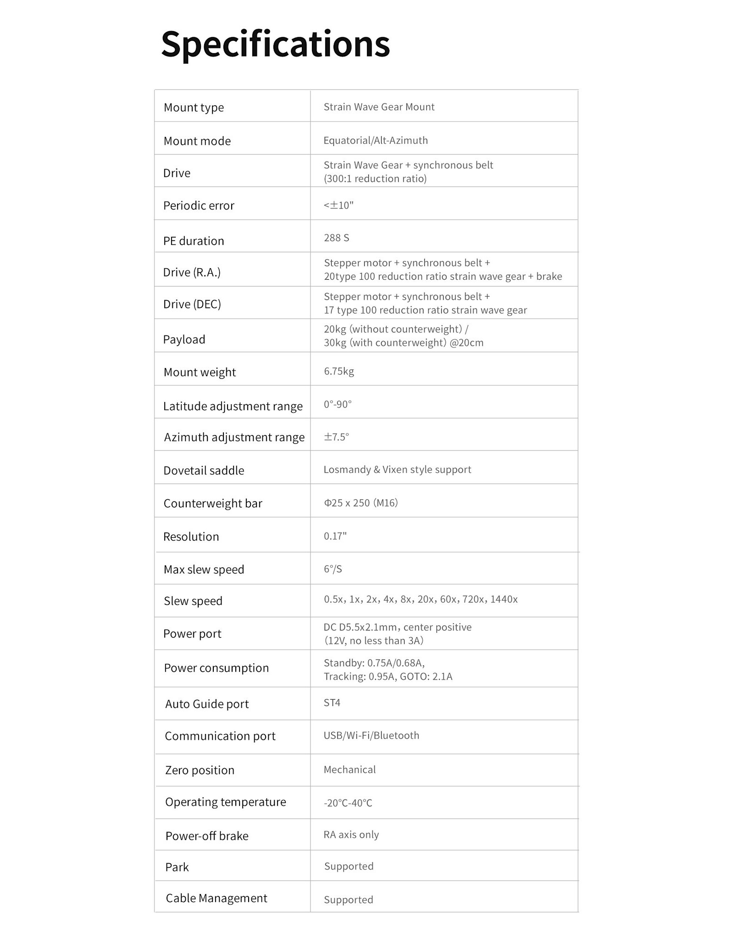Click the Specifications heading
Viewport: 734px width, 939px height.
point(275,44)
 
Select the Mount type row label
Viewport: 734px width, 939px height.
point(194,107)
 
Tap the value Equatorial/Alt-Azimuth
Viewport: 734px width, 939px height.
point(375,140)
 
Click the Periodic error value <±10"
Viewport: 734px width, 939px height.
point(339,205)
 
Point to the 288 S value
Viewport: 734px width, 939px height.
point(336,238)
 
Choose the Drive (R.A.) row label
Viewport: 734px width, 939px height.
point(192,272)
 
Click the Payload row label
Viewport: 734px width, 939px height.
point(184,339)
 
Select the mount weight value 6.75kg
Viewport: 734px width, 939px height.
point(339,371)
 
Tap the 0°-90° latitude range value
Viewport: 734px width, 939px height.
point(338,404)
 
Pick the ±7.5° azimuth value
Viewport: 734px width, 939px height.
point(336,436)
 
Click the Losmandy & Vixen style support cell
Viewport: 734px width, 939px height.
point(397,469)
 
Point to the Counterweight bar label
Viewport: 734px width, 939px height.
point(213,503)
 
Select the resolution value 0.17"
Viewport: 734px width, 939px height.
point(335,536)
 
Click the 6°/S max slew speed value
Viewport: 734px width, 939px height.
point(333,569)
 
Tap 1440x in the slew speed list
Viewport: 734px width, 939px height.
point(504,599)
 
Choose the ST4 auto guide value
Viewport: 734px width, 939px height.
point(332,702)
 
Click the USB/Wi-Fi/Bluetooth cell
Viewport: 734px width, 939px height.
point(371,735)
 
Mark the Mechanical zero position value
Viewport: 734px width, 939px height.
point(350,769)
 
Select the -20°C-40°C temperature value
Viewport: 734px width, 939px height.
point(348,803)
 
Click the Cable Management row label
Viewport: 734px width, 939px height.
point(216,898)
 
